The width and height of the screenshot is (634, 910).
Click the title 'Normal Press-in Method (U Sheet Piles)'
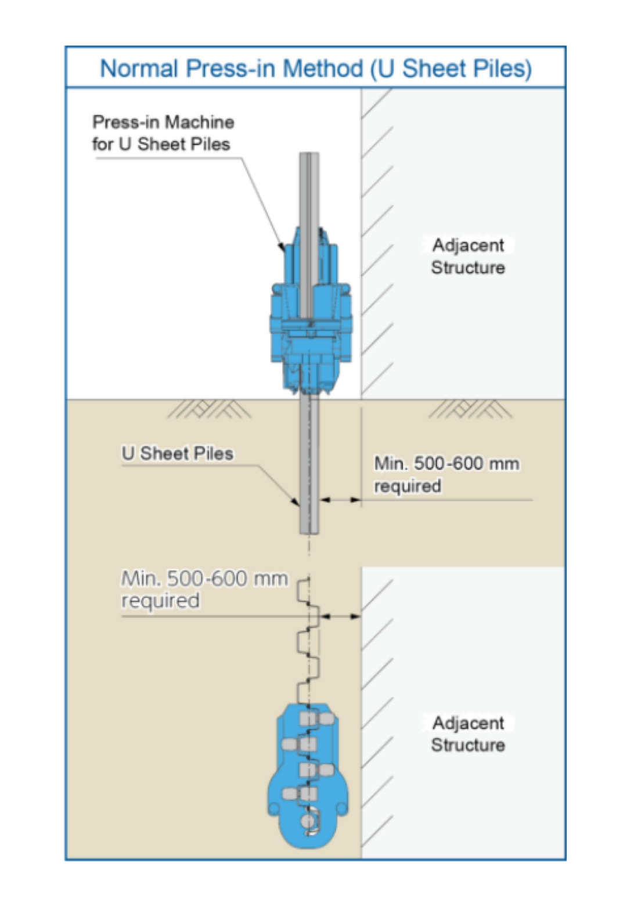click(x=316, y=68)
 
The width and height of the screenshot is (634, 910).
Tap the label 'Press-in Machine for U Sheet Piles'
click(x=163, y=133)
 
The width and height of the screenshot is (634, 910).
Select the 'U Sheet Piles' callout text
click(x=177, y=453)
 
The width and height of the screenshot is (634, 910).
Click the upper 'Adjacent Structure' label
click(x=468, y=256)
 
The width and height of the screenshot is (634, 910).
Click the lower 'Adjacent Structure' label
click(x=468, y=734)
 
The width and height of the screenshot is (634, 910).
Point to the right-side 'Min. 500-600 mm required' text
click(x=446, y=474)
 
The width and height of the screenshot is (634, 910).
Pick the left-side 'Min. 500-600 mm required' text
click(x=203, y=588)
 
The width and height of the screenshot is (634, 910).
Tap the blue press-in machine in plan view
click(x=308, y=778)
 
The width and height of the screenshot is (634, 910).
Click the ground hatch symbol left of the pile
click(x=209, y=409)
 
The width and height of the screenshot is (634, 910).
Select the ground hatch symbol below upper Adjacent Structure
click(x=470, y=409)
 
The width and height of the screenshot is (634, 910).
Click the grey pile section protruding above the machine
click(x=309, y=192)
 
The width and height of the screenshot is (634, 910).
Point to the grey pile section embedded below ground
click(x=309, y=464)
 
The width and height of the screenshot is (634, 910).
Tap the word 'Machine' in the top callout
click(x=199, y=122)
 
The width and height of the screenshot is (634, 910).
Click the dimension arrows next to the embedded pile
click(x=340, y=499)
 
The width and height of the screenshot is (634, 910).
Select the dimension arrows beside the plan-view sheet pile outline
click(x=340, y=616)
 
